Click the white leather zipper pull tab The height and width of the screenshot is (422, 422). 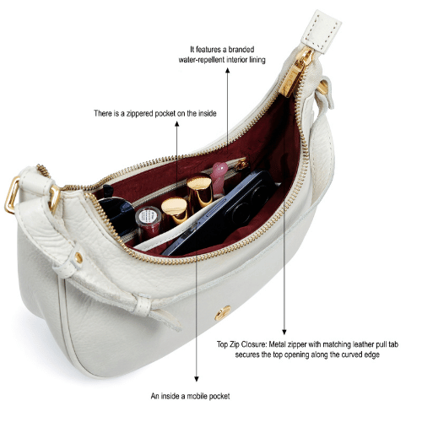click(x=322, y=31)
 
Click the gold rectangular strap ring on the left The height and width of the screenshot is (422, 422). click(x=12, y=195)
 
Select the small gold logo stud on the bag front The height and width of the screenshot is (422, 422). click(x=223, y=313)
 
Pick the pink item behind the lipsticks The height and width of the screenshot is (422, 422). click(x=219, y=176)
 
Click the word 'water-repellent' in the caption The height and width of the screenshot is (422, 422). click(x=202, y=60)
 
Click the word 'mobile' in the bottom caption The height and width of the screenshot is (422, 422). click(x=197, y=396)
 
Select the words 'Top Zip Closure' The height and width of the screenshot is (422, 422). click(x=241, y=344)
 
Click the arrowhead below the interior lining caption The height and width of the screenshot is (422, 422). click(x=227, y=70)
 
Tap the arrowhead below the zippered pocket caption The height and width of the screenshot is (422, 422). click(x=176, y=124)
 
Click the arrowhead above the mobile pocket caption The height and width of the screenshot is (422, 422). click(x=197, y=379)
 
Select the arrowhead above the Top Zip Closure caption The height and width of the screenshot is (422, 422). click(x=284, y=332)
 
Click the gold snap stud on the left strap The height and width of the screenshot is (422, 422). click(x=78, y=257)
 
